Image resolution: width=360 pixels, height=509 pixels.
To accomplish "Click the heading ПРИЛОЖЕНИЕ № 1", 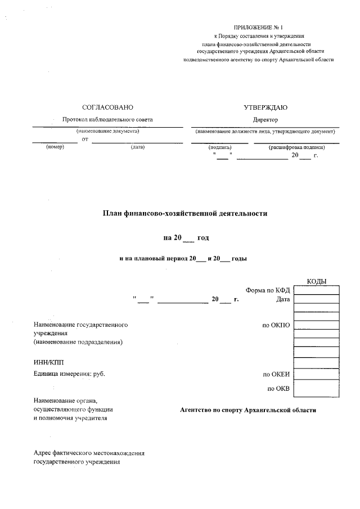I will pyautogui.click(x=259, y=28).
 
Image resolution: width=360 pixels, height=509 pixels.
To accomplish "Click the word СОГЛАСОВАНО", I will pyautogui.click(x=107, y=107).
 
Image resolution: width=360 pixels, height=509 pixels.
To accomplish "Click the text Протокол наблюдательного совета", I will pyautogui.click(x=107, y=119).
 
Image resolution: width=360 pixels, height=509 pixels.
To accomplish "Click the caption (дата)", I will pyautogui.click(x=138, y=147).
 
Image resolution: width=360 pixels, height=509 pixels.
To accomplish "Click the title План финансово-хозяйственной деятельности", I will pyautogui.click(x=184, y=213).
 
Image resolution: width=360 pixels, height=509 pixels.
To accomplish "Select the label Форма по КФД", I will pyautogui.click(x=268, y=290).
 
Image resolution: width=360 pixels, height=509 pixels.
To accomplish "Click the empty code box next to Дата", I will pyautogui.click(x=316, y=299).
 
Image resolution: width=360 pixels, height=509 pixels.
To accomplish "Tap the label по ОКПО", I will pyautogui.click(x=276, y=325).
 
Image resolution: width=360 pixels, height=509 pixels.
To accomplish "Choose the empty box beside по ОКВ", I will pyautogui.click(x=316, y=388).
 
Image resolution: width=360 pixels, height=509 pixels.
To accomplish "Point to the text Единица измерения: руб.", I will pyautogui.click(x=69, y=373).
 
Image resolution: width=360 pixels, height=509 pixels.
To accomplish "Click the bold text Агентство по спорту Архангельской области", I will pyautogui.click(x=248, y=410).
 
